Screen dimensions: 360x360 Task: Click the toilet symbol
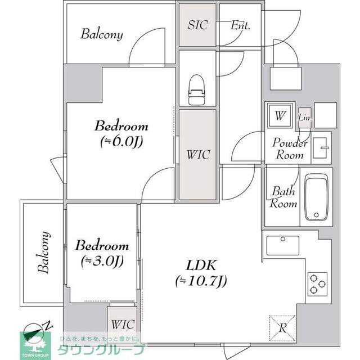[x=196, y=90]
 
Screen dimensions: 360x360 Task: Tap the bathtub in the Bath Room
[x=316, y=197]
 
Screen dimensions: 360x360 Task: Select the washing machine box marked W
[x=280, y=115]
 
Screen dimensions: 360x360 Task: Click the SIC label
[x=197, y=25]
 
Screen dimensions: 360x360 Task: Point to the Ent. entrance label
[x=240, y=25]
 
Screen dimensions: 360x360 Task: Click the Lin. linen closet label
[x=305, y=118]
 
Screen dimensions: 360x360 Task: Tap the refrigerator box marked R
[x=282, y=328]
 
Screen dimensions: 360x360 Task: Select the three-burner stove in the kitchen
[x=317, y=284]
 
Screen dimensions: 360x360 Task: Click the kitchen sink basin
[x=283, y=246]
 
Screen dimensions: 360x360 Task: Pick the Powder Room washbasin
[x=320, y=148]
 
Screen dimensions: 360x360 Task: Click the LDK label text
[x=201, y=265]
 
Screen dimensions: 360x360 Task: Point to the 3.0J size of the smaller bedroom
[x=102, y=261]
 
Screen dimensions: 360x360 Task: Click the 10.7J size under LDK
[x=201, y=281]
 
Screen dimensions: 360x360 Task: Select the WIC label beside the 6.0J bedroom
[x=198, y=155]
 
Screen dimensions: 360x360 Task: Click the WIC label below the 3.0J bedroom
[x=123, y=325]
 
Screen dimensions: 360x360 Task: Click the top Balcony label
[x=102, y=34]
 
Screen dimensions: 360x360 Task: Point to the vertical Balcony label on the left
[x=44, y=253]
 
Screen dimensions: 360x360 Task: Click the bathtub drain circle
[x=316, y=215]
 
